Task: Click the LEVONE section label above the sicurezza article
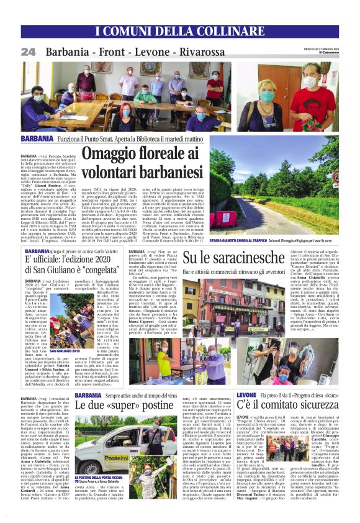(246, 394)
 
